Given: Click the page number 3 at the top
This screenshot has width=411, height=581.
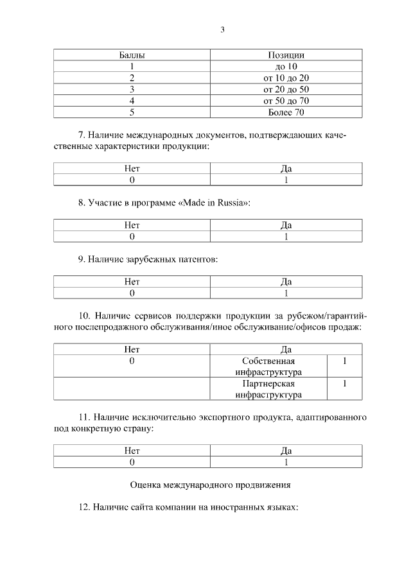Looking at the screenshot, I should pos(222,30).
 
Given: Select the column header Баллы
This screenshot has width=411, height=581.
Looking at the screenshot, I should pos(132,55).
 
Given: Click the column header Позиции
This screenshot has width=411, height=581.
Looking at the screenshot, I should pos(286,55).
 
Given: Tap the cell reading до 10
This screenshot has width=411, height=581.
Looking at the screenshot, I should pos(286,66).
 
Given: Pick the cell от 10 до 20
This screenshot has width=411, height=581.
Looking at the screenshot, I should pos(286,78).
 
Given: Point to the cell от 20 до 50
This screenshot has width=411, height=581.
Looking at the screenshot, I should pos(286,89).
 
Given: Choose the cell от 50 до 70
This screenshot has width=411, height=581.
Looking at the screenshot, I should pos(286,101).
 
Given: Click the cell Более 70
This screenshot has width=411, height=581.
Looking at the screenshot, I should pos(286,112).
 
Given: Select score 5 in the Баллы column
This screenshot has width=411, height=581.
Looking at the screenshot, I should pos(132,112).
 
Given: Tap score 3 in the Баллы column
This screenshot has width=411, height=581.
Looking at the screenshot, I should pos(132,89).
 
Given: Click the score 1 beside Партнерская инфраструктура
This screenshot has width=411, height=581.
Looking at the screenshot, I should pos(345,384).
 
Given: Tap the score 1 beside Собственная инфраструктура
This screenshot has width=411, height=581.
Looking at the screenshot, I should pos(345,361).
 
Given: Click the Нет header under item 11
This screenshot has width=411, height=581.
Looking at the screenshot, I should pos(132,451).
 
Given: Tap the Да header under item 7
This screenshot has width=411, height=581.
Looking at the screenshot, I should pos(286,169).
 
